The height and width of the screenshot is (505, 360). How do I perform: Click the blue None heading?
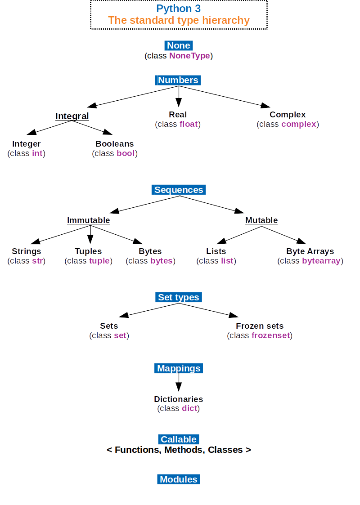coord(179,45)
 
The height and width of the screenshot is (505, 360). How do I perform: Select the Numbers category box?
coord(178,80)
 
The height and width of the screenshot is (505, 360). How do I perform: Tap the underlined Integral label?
coord(72,116)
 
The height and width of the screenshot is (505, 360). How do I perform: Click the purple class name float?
coord(189,124)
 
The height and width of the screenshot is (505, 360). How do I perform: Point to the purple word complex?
coord(299,124)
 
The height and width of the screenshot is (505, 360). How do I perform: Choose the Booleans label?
coord(114,143)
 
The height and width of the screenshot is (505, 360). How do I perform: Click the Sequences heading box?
coord(179,190)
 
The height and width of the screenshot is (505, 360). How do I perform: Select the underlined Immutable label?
coord(88,220)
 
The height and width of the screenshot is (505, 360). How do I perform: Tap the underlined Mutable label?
coord(261,220)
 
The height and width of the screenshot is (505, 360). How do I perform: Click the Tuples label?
coord(88,251)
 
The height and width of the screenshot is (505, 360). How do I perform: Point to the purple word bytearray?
coord(321,261)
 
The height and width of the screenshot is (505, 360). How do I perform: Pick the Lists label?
coord(216,251)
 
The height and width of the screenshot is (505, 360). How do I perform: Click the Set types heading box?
coord(179,297)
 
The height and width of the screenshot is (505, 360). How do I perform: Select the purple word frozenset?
coord(271,335)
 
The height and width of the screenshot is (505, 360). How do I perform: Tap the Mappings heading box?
coord(179,368)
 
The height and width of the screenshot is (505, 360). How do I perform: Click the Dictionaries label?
coord(179,399)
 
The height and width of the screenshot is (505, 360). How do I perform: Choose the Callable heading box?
coord(179,439)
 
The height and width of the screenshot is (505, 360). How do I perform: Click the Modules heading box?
coord(179,479)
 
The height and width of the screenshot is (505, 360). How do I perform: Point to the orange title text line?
coord(179,20)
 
